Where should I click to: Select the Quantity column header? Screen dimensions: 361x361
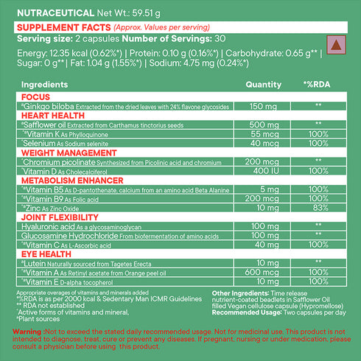(x=262, y=85)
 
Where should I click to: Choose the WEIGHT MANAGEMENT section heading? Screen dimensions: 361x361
(x=63, y=153)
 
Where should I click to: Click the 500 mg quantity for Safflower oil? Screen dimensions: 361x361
(x=262, y=125)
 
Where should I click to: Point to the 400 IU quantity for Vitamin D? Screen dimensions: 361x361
(x=262, y=171)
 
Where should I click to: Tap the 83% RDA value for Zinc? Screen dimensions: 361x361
(x=318, y=208)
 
